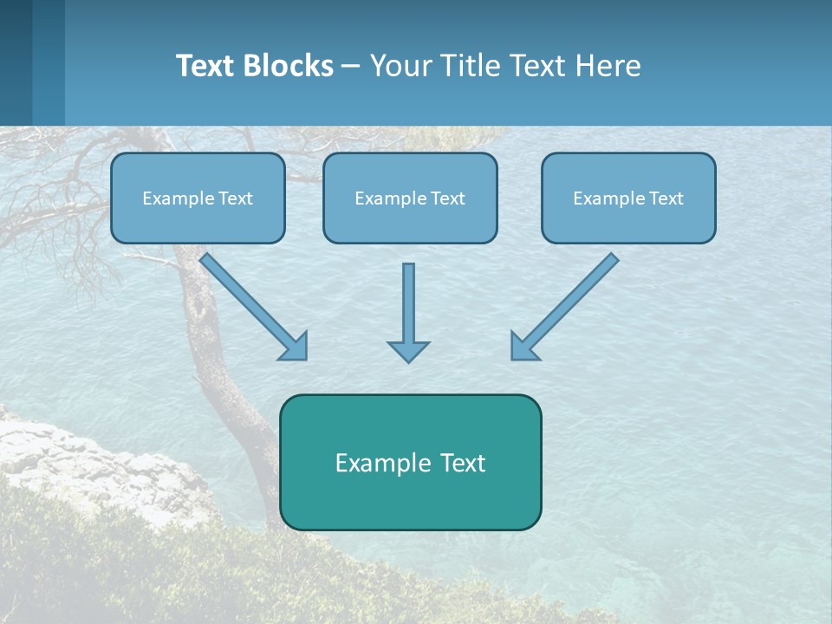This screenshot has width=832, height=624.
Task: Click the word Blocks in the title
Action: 290,66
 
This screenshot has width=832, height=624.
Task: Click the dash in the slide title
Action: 351,66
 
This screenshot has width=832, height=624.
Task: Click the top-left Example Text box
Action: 198,198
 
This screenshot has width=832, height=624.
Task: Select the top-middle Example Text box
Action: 410,198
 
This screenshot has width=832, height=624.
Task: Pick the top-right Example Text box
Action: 628,198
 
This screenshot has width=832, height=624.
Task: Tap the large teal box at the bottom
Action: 410,462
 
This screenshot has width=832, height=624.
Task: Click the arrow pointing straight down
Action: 408,308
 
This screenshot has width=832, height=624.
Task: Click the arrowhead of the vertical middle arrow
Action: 408,350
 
